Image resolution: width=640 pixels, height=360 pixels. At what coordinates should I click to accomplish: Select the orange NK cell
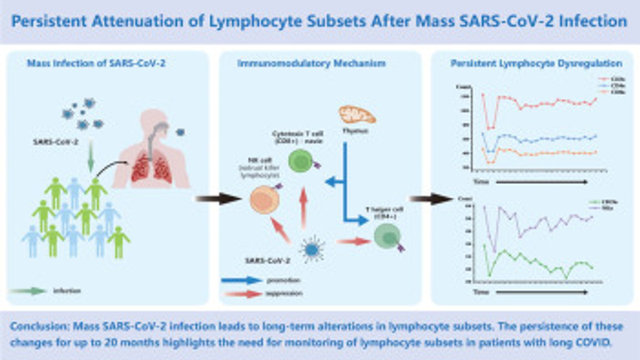pyautogui.click(x=259, y=198)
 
